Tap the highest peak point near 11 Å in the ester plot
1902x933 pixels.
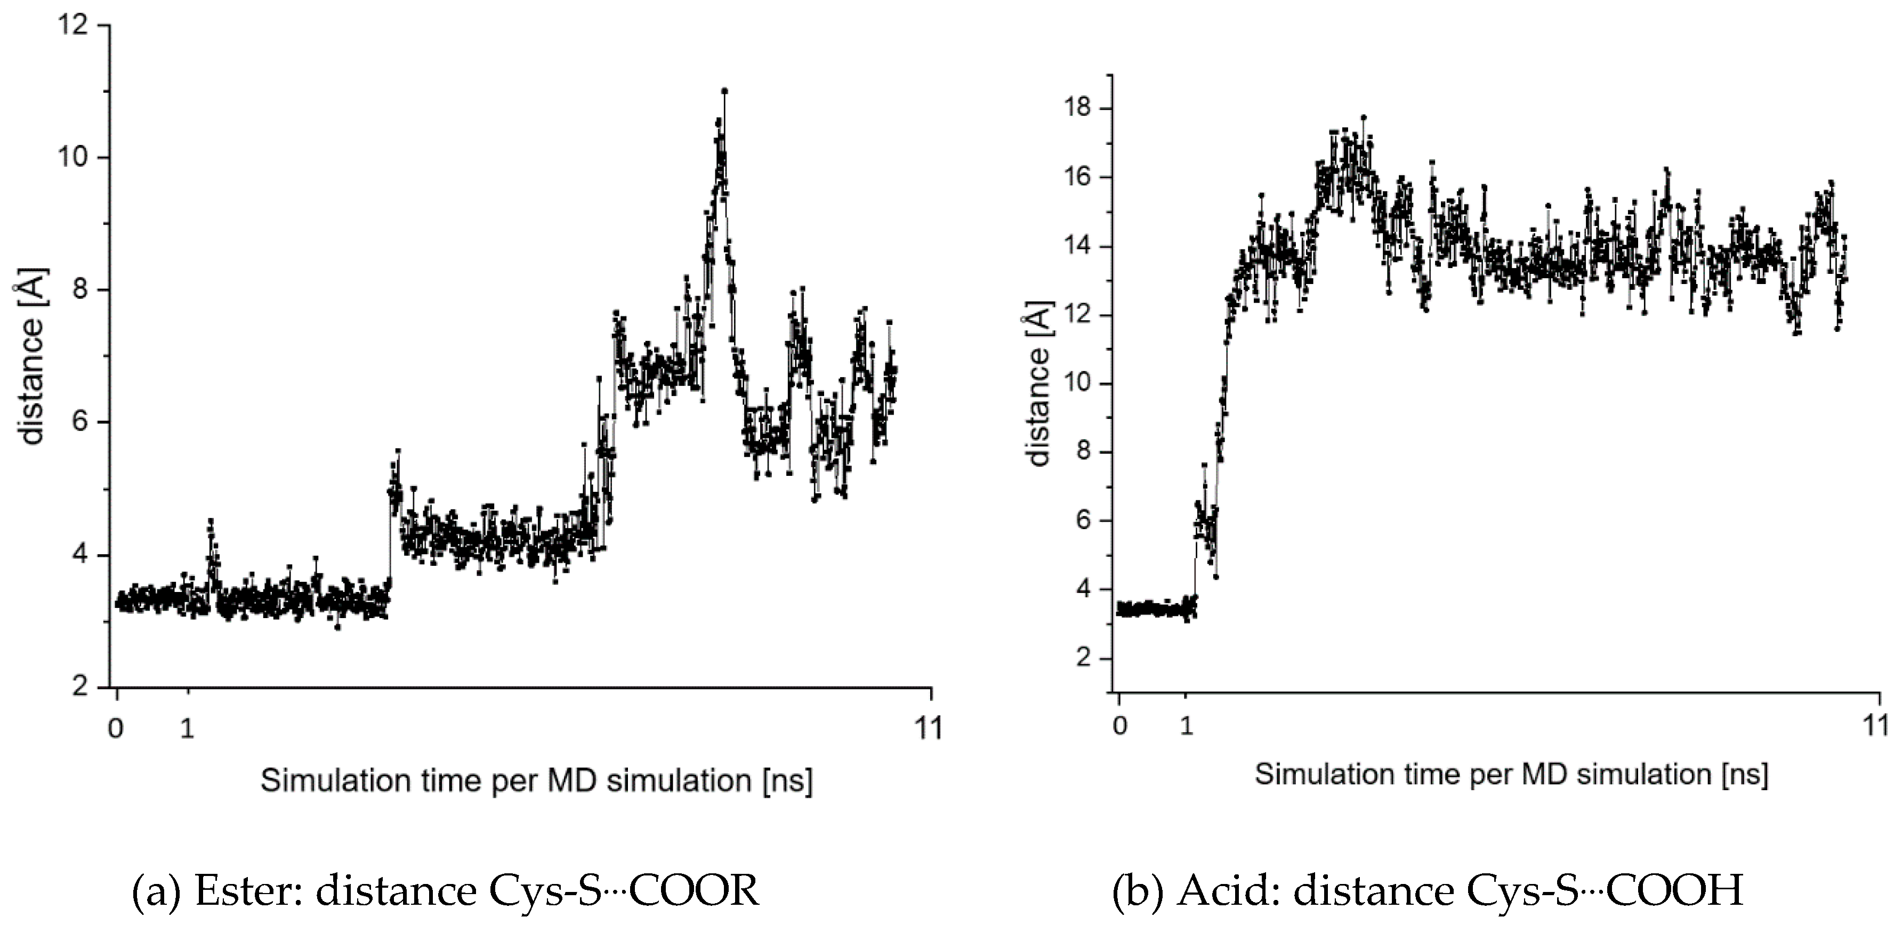(724, 92)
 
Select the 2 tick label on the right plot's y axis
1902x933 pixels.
(1083, 658)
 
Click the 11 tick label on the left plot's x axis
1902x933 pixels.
(929, 728)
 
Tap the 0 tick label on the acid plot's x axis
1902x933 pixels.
(1120, 726)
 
